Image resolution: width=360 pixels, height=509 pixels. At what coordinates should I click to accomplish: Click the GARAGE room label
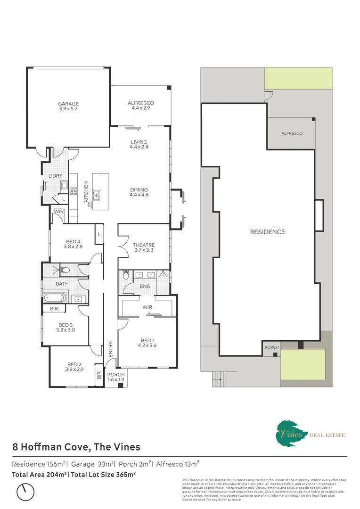68,104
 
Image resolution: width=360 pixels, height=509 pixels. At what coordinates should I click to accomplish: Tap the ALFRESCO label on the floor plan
141,103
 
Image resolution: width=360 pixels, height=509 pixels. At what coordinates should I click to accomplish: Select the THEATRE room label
143,245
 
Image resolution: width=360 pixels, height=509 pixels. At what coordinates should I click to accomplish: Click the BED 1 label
147,341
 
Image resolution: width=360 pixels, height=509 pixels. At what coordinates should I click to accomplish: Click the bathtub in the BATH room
56,298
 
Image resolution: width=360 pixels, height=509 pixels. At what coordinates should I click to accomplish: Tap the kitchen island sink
96,193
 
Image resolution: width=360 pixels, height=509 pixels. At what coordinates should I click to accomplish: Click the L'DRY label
56,176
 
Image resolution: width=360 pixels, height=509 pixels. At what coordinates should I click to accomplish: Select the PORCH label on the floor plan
115,375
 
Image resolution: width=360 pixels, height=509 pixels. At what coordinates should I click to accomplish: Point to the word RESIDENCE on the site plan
267,232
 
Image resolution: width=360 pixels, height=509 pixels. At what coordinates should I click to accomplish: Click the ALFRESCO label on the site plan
292,133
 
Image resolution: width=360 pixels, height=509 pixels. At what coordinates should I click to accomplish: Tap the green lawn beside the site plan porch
303,365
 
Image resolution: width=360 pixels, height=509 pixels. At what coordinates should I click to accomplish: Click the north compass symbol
25,492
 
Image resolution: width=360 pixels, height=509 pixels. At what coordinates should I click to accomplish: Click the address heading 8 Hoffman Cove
76,446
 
